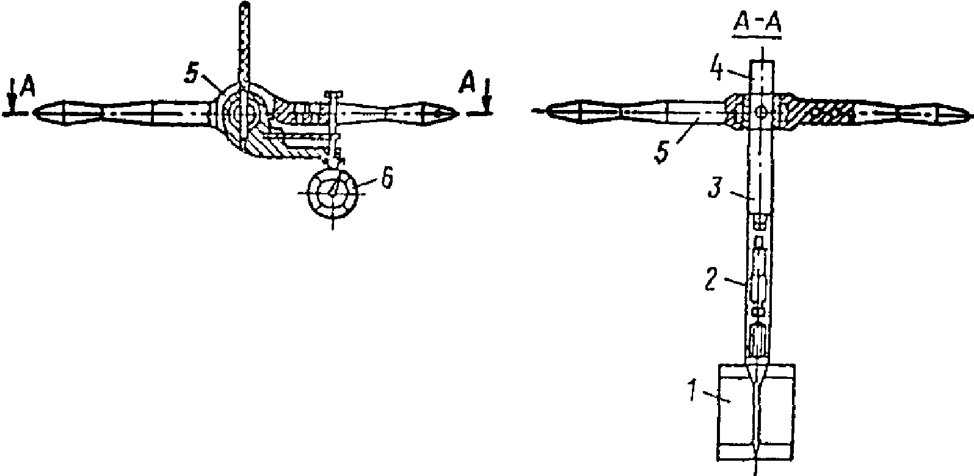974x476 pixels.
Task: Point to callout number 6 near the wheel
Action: (x=387, y=178)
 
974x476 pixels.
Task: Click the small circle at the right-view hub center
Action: (x=760, y=112)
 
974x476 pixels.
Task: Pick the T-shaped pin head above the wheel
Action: (x=333, y=93)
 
